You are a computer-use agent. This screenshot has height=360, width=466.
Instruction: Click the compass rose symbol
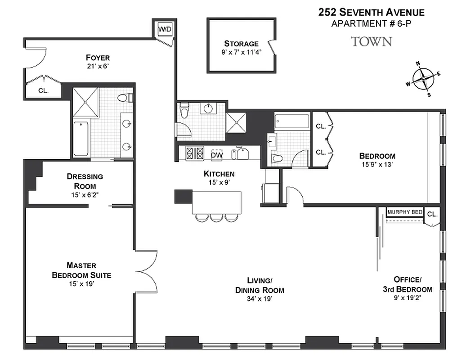[x=423, y=79]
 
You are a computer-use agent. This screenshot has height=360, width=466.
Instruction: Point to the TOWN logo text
[x=371, y=42]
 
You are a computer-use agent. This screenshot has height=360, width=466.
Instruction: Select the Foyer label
[x=98, y=58]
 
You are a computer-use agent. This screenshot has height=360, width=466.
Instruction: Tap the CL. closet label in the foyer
[x=43, y=90]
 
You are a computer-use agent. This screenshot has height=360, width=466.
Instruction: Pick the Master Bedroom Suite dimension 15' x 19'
[x=81, y=284]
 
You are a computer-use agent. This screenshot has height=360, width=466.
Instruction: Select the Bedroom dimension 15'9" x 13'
[x=377, y=164]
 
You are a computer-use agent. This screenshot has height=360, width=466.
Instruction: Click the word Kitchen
[x=219, y=174]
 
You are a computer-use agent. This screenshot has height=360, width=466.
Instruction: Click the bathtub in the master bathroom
[x=81, y=139]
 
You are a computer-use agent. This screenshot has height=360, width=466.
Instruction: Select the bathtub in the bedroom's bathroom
[x=292, y=122]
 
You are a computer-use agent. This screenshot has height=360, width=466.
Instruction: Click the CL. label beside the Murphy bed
[x=432, y=214]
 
